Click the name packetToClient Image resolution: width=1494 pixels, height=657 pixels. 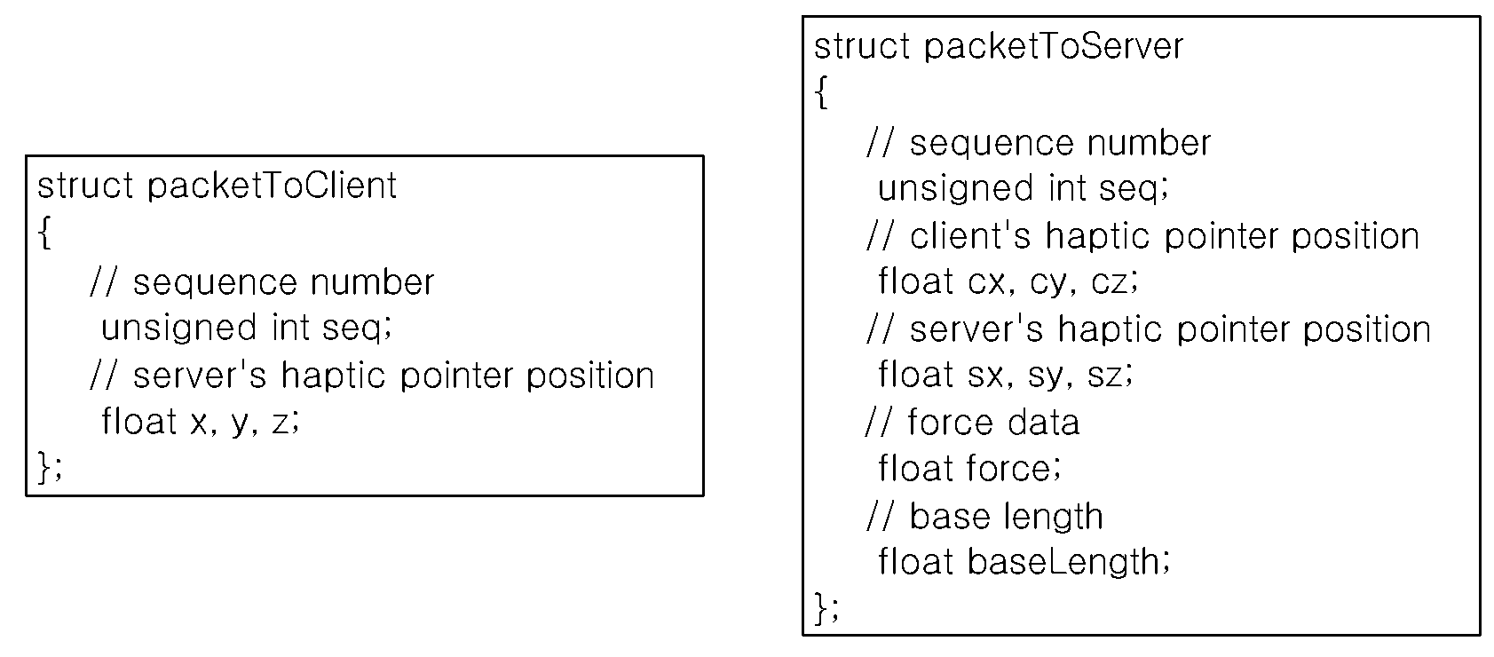coord(272,186)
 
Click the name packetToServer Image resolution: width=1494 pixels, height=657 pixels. coord(1053,47)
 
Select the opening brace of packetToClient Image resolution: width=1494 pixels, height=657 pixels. coord(44,232)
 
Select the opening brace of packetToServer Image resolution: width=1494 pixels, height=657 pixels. coord(822,92)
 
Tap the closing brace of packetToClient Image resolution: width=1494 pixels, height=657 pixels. coord(45,466)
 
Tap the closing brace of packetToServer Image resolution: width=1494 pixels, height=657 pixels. coord(822,607)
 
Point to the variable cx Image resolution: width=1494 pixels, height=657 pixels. coord(985,282)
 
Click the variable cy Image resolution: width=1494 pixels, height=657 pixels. coord(1047,284)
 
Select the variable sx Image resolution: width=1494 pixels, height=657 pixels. coord(985,375)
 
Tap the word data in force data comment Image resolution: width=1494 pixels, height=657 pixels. coord(1043,423)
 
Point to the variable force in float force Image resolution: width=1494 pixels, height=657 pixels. coord(1009,468)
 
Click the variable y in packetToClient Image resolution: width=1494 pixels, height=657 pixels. coord(240,423)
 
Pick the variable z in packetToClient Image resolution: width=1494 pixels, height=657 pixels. coord(281,423)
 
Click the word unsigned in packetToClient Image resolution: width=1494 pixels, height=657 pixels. coord(178,328)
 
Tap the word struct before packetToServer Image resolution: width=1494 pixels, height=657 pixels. coord(862,47)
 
